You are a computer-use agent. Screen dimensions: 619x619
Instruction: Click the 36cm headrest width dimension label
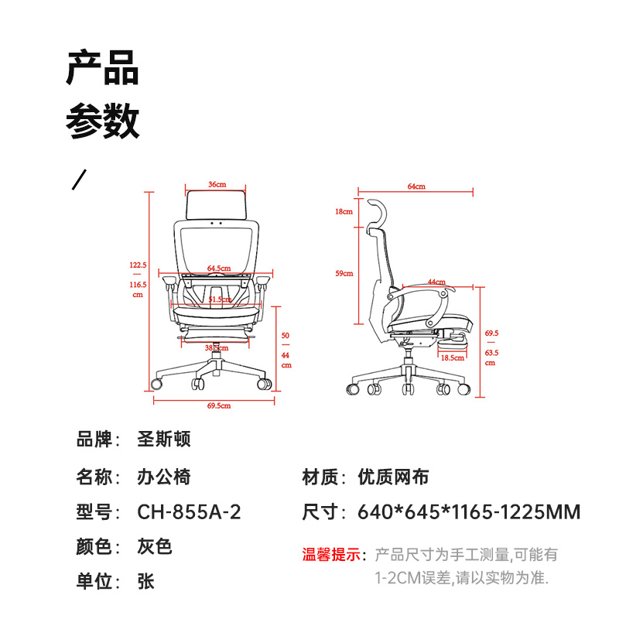click(217, 184)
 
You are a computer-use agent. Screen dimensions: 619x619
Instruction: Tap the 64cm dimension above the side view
click(416, 186)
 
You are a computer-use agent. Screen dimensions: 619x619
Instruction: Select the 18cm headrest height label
click(344, 211)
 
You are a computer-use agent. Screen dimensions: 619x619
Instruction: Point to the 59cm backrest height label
click(344, 273)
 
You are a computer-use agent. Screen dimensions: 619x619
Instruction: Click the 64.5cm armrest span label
click(219, 268)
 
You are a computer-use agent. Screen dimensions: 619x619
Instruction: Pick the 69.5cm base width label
click(219, 405)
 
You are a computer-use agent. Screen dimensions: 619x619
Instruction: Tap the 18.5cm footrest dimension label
click(453, 358)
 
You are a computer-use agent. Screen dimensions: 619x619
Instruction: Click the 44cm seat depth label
click(436, 282)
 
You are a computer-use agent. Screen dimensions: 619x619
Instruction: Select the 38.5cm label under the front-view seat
click(217, 347)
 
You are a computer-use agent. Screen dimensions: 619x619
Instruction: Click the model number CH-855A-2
click(189, 512)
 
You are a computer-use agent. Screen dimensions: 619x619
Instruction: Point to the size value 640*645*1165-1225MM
click(469, 512)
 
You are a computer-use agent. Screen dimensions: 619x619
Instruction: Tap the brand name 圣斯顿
click(164, 439)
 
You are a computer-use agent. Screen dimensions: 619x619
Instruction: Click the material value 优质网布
click(393, 477)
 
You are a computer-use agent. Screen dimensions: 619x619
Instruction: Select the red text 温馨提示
click(331, 555)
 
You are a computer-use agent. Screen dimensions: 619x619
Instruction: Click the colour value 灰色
click(155, 547)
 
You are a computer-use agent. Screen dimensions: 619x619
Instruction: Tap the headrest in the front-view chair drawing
click(216, 204)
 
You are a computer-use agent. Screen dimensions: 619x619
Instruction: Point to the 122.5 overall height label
click(138, 265)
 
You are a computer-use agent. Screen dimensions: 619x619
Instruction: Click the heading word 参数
click(103, 121)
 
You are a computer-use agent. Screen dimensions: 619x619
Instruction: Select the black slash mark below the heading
click(79, 180)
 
